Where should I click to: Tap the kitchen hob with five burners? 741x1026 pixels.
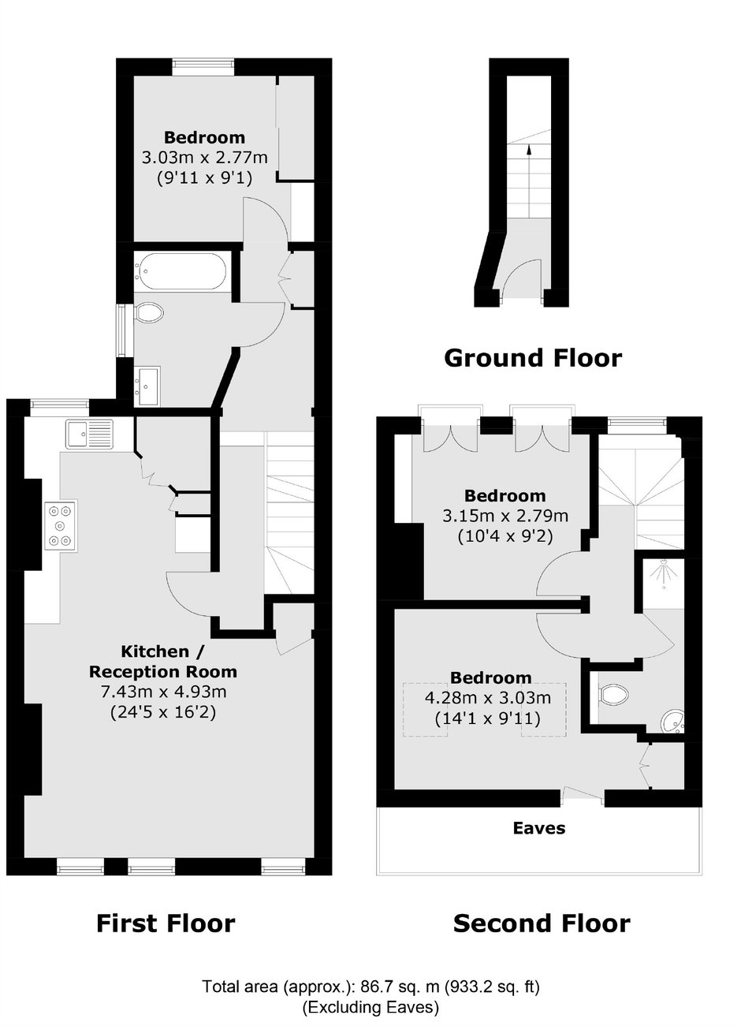click(61, 525)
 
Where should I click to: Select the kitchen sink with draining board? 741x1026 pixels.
click(89, 433)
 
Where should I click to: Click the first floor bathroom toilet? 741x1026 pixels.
click(149, 313)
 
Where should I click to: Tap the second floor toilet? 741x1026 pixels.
click(613, 695)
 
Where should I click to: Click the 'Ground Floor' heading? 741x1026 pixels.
click(533, 358)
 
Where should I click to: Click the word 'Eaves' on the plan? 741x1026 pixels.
click(539, 828)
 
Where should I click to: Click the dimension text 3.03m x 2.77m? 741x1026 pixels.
click(204, 158)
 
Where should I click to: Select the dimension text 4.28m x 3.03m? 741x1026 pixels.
click(488, 698)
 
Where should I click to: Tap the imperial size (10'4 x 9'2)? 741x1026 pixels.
click(505, 535)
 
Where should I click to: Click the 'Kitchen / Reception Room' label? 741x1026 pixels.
click(163, 661)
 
